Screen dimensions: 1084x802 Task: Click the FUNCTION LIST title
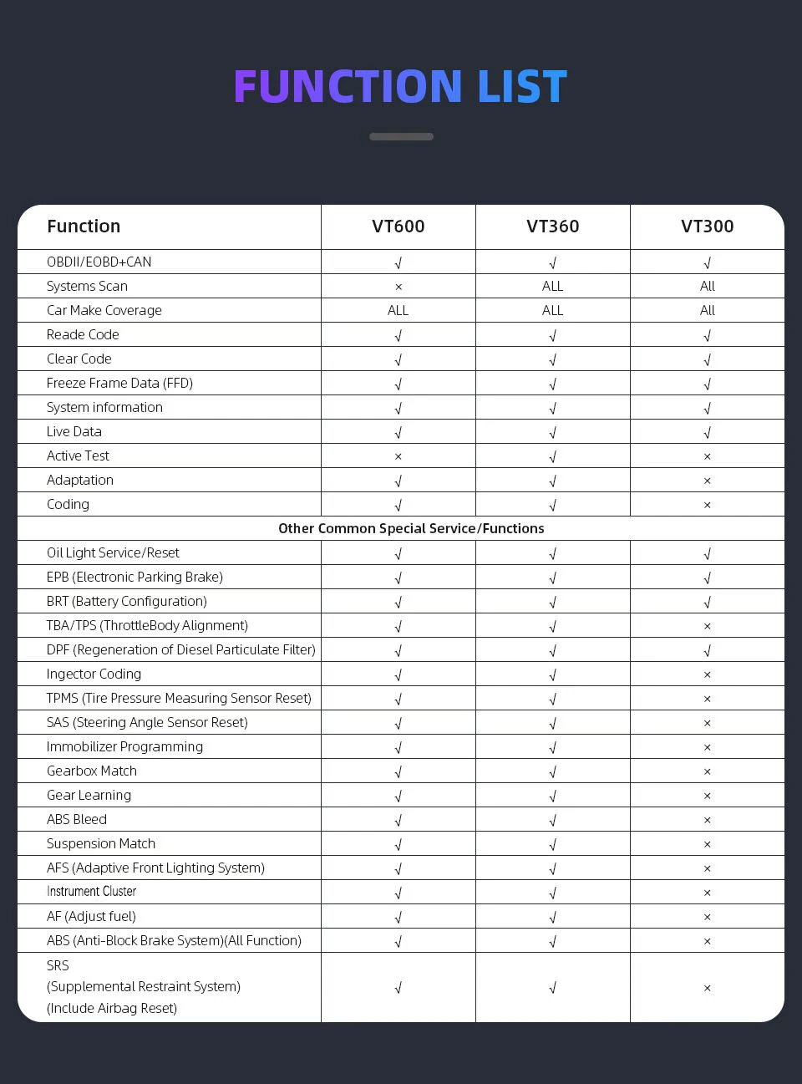click(x=400, y=87)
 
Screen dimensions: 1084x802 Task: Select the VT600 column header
click(x=398, y=226)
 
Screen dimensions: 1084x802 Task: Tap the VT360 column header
click(x=552, y=226)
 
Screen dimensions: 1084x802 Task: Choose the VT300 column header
click(x=707, y=226)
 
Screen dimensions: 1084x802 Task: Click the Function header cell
click(x=84, y=226)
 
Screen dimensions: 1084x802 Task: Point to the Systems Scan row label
click(x=87, y=286)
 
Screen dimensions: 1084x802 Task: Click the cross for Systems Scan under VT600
click(x=398, y=287)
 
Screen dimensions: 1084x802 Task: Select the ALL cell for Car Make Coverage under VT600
click(x=398, y=310)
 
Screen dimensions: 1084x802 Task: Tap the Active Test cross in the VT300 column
click(x=707, y=456)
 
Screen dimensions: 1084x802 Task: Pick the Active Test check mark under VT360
click(x=552, y=456)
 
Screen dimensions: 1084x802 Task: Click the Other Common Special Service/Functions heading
click(x=411, y=528)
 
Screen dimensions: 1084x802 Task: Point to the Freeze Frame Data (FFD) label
click(x=119, y=383)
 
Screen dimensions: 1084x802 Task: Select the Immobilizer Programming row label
click(x=124, y=746)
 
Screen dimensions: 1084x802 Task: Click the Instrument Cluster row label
click(x=91, y=892)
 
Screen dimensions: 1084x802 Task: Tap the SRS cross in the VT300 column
click(x=707, y=988)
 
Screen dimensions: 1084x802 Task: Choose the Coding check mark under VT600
click(x=398, y=505)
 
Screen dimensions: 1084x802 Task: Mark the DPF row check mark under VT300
click(x=707, y=650)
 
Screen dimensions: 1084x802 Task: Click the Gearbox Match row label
click(x=92, y=771)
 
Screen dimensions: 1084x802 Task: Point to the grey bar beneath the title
click(x=401, y=136)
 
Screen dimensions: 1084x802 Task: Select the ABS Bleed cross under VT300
click(x=707, y=820)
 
